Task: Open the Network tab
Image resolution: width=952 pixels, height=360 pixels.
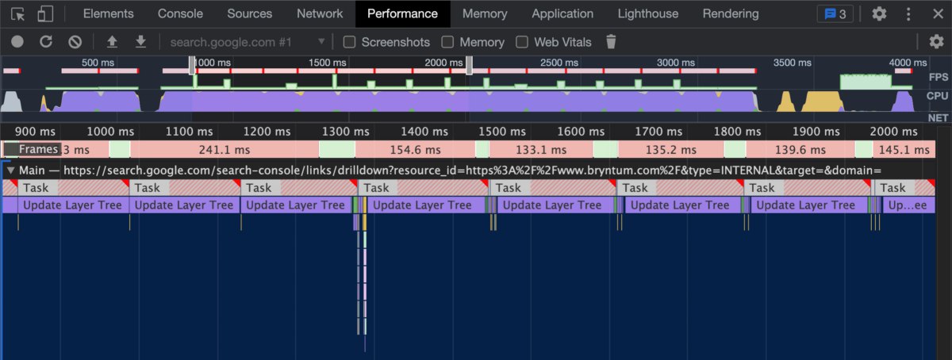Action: click(320, 13)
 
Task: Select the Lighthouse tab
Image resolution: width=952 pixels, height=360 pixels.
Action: click(647, 13)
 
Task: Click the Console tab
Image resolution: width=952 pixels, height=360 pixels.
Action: click(180, 13)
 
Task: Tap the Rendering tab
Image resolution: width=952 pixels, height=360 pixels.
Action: click(730, 13)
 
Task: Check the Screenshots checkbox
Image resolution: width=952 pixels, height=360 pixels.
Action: click(349, 42)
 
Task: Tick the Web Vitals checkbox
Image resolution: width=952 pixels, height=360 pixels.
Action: click(522, 42)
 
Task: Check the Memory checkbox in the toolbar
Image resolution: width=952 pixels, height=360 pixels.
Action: click(447, 42)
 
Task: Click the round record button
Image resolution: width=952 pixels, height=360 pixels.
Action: click(17, 42)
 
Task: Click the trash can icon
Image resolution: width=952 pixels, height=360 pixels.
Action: click(611, 42)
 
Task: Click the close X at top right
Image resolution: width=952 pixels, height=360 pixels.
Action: click(938, 14)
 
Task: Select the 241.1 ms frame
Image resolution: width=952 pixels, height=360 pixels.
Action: click(225, 150)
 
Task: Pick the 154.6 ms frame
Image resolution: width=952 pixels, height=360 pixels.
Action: click(415, 150)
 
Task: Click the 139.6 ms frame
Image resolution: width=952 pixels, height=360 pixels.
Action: click(800, 150)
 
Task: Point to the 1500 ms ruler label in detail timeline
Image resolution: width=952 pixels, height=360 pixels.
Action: click(502, 132)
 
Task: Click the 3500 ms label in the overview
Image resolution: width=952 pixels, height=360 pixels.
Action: click(793, 63)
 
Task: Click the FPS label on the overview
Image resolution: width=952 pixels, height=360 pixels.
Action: click(939, 77)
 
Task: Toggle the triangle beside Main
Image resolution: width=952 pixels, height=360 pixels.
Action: click(10, 170)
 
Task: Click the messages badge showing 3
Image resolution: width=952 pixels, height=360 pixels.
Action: click(835, 14)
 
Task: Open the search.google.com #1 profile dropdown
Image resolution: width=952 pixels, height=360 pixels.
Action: click(248, 42)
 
